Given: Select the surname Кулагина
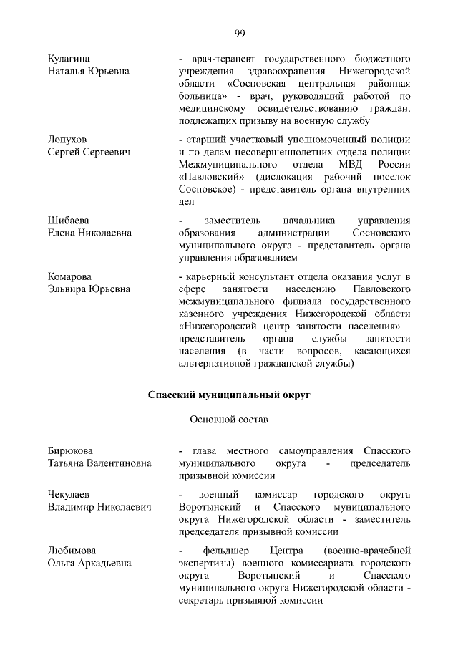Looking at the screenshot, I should [69, 57].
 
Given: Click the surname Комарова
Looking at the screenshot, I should [70, 276].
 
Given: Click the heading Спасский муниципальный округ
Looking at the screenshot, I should [230, 395].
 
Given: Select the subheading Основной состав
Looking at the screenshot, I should [229, 420].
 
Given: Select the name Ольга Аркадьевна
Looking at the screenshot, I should [89, 563].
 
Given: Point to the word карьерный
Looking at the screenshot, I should [211, 276].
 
